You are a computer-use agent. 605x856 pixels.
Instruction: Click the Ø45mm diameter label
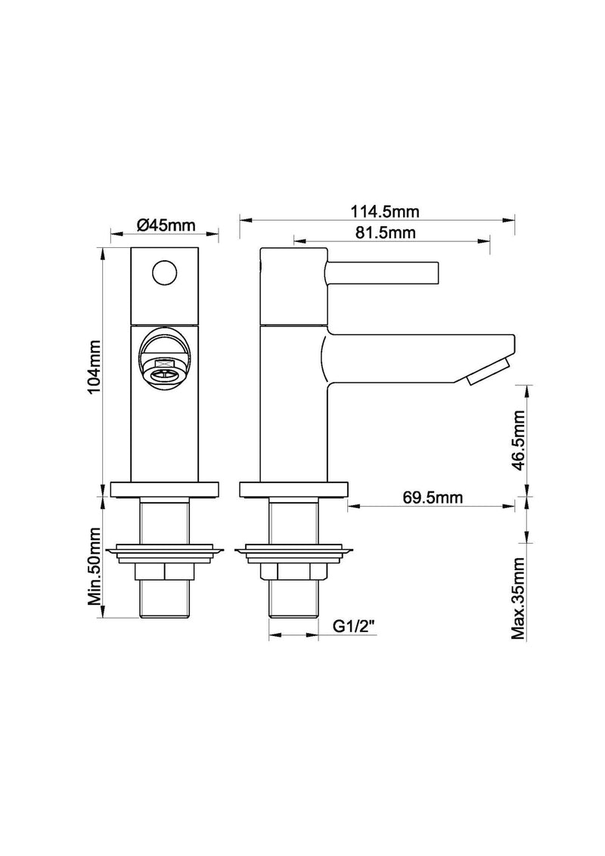166,225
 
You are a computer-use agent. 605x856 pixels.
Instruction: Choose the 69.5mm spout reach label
433,497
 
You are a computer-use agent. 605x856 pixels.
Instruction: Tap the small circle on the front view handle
164,271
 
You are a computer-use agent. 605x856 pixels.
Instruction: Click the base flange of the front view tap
164,489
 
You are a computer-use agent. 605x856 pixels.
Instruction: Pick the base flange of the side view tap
292,489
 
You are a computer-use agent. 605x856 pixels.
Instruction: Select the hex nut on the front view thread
164,572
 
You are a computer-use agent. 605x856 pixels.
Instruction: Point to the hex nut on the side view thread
292,572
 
